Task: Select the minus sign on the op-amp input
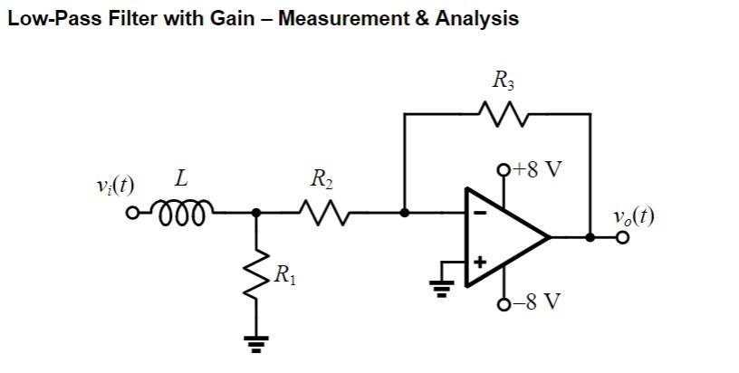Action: [x=480, y=214]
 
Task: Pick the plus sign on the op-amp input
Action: [x=480, y=262]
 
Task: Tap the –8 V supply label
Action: [x=536, y=301]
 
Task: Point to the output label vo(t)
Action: [x=632, y=215]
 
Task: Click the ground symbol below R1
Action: [x=257, y=342]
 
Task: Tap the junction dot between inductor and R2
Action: [x=257, y=213]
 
